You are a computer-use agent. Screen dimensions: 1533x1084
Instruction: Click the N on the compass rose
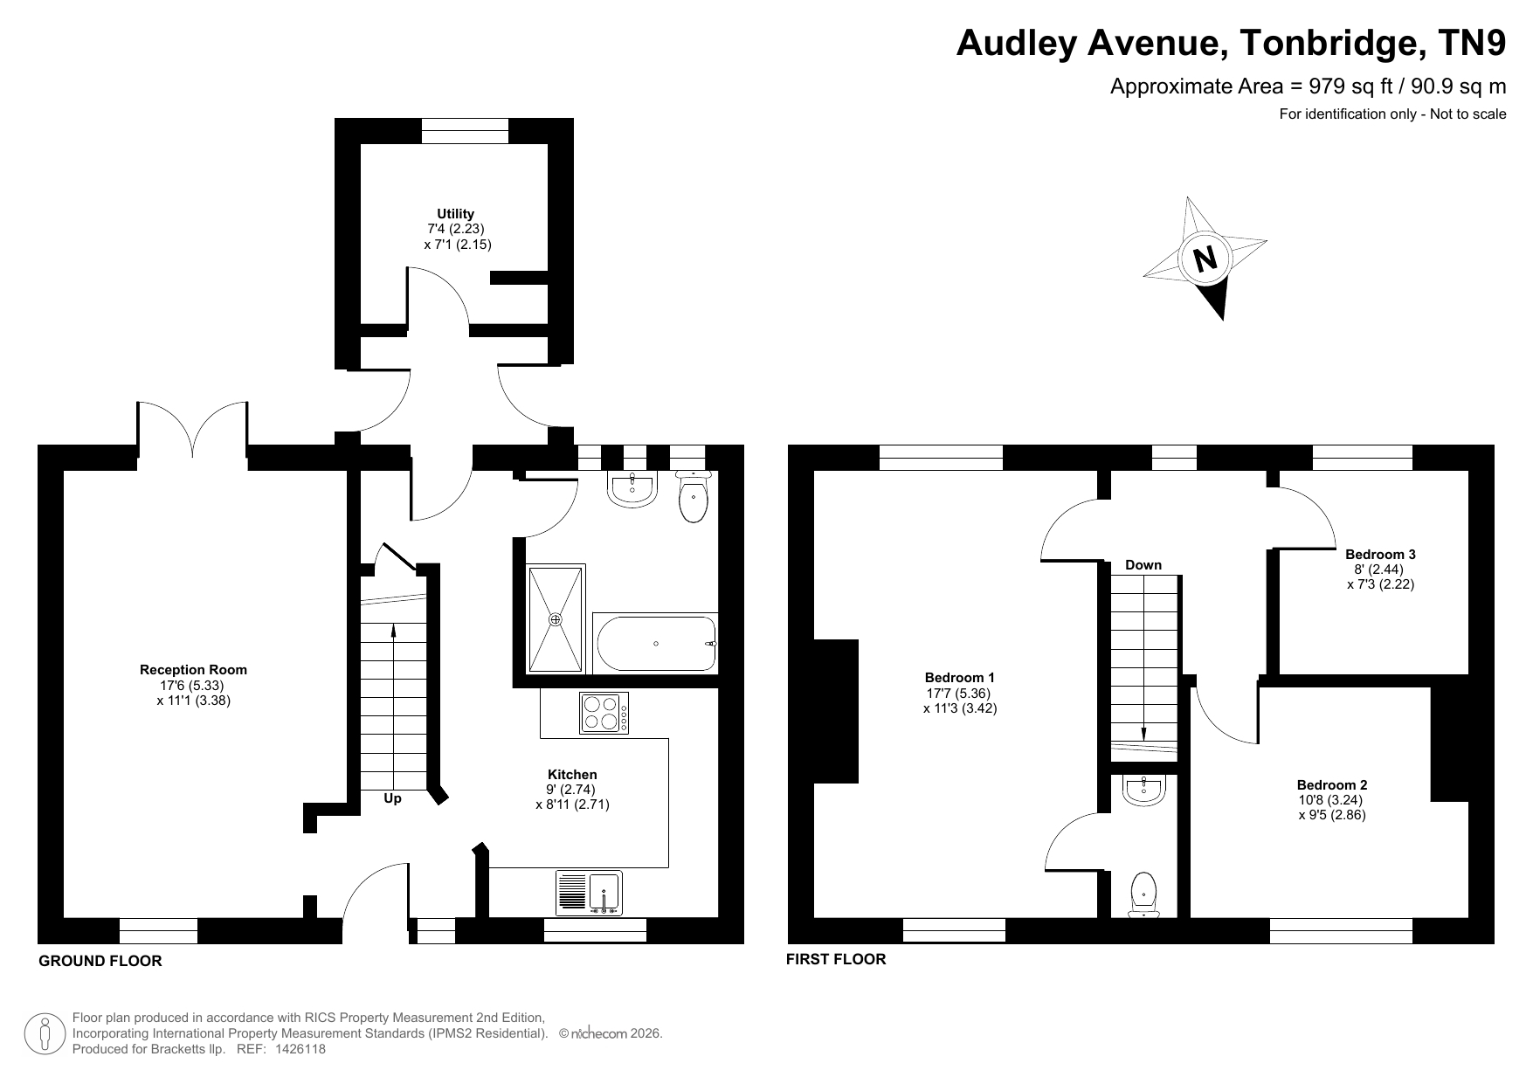click(1205, 259)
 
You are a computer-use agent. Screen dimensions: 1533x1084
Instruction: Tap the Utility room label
click(456, 213)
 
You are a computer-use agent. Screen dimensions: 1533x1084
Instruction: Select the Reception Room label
click(193, 670)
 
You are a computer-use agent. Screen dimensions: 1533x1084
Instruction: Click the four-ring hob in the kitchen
click(604, 712)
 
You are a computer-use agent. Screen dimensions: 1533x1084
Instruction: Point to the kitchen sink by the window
click(589, 893)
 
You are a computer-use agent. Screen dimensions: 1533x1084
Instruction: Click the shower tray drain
click(556, 619)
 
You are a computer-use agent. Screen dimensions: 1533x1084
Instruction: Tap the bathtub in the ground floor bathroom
click(656, 644)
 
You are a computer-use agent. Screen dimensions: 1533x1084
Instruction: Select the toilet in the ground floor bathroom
click(694, 497)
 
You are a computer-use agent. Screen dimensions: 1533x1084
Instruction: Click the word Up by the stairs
click(393, 798)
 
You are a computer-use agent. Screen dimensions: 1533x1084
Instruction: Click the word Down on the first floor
click(1143, 565)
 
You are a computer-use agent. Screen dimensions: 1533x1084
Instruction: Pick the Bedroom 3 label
click(1380, 554)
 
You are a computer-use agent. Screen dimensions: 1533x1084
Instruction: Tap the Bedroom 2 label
click(1332, 784)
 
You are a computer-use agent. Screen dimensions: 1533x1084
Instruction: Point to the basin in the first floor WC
click(1143, 791)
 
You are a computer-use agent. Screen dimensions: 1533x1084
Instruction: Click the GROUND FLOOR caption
click(100, 961)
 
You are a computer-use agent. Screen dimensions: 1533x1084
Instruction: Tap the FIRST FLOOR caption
click(836, 959)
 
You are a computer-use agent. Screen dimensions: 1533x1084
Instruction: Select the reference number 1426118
click(300, 1049)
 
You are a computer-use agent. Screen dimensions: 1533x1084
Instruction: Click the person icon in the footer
click(46, 1034)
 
